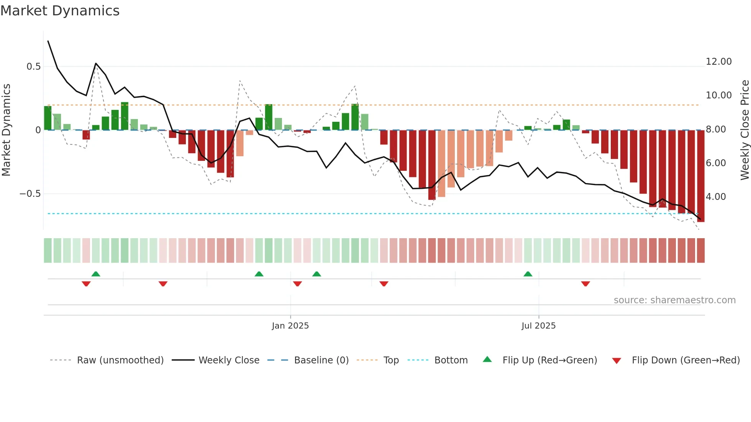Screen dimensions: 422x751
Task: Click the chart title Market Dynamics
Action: pos(60,11)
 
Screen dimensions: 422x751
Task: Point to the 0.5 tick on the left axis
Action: pos(33,67)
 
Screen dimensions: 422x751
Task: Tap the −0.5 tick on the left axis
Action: pos(30,194)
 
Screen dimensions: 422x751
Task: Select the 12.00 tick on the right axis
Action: pos(718,62)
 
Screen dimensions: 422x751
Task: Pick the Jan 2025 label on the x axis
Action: pos(290,326)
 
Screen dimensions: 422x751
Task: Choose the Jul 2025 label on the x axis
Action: pos(538,326)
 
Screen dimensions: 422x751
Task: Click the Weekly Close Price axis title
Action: pos(744,130)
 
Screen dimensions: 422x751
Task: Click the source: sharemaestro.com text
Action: pos(674,300)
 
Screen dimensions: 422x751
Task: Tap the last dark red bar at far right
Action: pos(700,176)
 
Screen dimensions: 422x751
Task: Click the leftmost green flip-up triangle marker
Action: pos(96,274)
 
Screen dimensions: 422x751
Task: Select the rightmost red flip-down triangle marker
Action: pos(585,284)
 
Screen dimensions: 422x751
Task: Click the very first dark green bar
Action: pos(48,118)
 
